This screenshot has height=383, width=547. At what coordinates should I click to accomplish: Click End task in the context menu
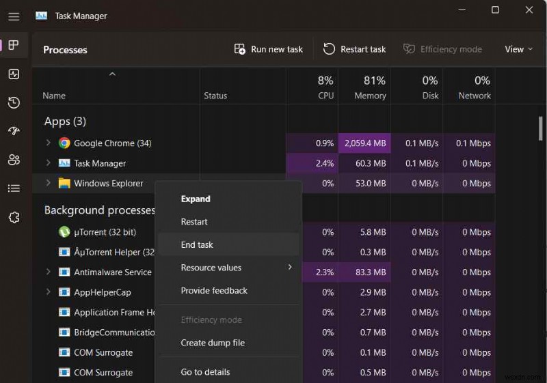coord(198,244)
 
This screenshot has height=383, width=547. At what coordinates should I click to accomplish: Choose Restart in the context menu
coord(194,222)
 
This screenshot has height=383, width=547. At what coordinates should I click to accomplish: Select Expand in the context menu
coord(196,199)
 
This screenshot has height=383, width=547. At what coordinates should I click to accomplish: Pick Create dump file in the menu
coord(213,343)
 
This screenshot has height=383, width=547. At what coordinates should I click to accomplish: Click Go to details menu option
coord(205,372)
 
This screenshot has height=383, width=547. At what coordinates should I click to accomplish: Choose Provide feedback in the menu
coord(214,291)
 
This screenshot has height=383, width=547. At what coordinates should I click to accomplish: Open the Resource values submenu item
coord(211,268)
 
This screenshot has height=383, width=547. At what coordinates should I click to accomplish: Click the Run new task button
coord(268,49)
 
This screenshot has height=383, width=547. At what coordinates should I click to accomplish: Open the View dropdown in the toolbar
coord(518,49)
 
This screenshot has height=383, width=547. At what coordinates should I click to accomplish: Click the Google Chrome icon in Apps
coord(64,143)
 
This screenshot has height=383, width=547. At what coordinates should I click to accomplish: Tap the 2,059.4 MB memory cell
coord(365,143)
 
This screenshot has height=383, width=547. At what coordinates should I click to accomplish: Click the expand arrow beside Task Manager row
coord(48,163)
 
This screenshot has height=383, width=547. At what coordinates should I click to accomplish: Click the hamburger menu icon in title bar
coord(14,16)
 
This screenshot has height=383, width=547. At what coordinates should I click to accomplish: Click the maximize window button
coord(496,10)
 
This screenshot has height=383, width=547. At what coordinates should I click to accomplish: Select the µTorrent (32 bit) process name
coord(105,232)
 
